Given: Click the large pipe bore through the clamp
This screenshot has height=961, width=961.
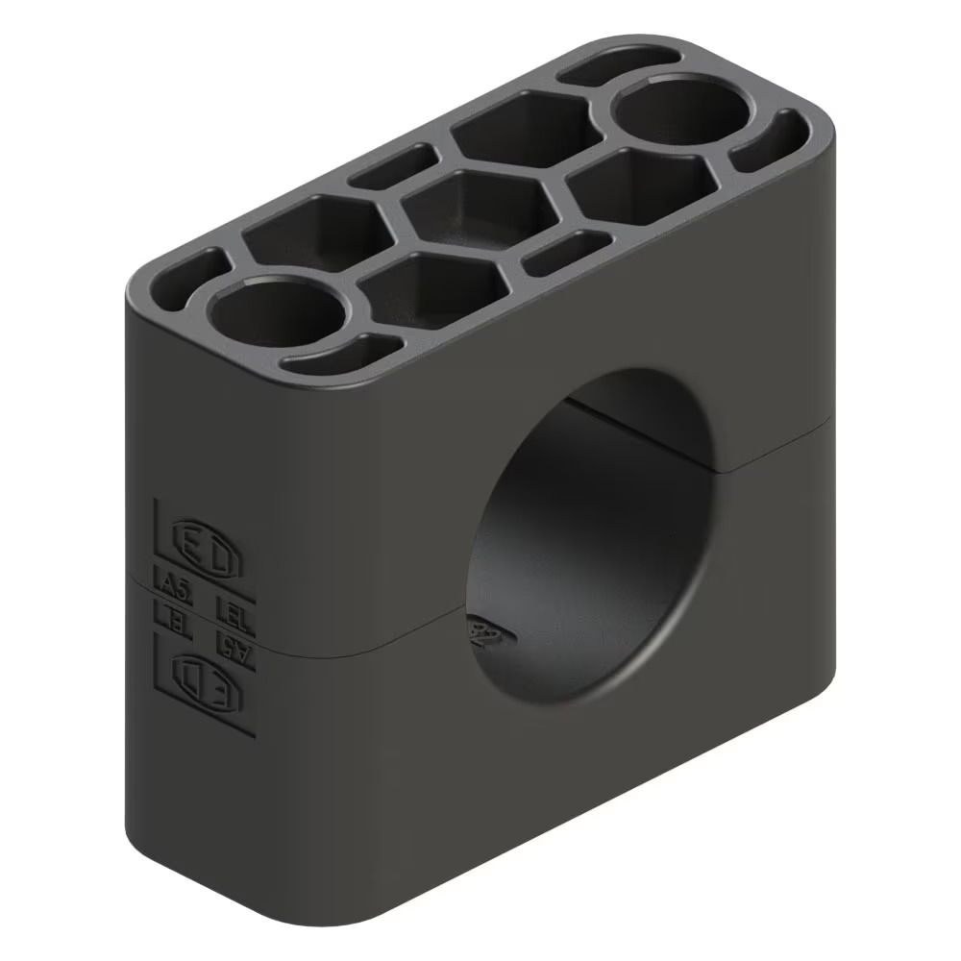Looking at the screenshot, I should [591, 538].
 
